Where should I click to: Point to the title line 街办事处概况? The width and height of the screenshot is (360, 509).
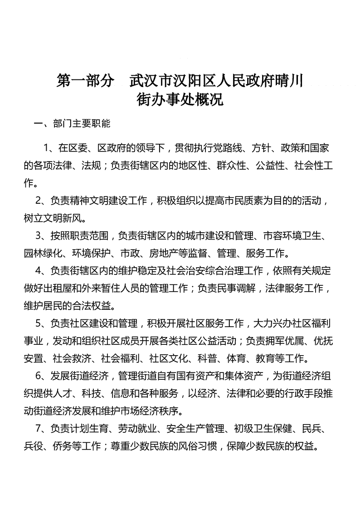tap(180, 99)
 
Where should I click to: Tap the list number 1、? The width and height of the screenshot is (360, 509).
tap(50, 148)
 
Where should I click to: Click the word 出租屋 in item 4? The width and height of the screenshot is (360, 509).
tap(69, 288)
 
